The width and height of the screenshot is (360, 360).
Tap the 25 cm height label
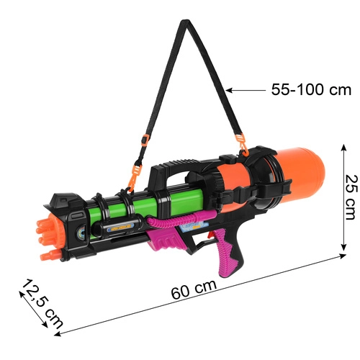(350, 197)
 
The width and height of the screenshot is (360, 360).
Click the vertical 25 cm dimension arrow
(341, 197)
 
